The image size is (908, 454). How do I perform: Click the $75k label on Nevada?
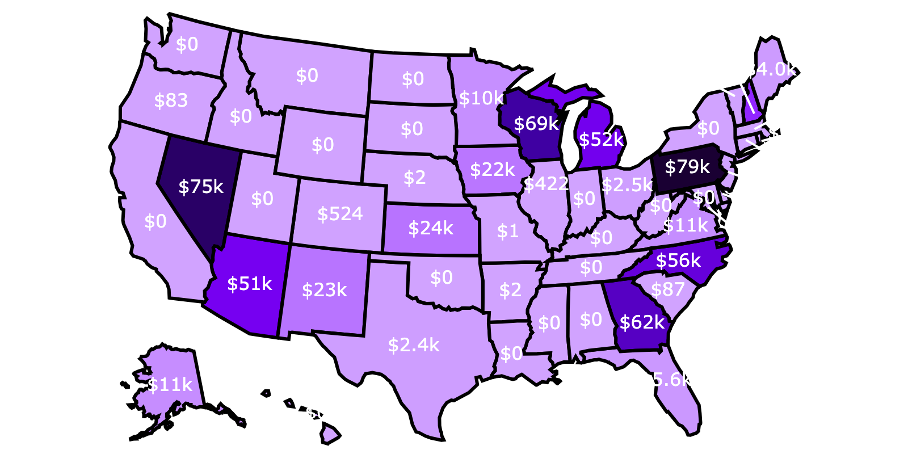[201, 187]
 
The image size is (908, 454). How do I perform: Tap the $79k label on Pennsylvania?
[687, 167]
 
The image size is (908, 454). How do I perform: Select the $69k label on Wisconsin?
[536, 124]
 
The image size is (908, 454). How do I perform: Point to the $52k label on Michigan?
[601, 139]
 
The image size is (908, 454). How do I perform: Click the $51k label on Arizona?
[249, 283]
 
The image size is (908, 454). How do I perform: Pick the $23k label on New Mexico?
[324, 290]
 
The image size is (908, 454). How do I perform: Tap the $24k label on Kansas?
[431, 228]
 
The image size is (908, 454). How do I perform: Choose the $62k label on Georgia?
[642, 322]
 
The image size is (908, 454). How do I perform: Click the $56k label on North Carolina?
[678, 260]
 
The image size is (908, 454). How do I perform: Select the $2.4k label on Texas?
[413, 344]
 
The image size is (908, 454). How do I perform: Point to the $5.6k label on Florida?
[666, 380]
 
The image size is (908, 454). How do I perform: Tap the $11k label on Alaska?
[170, 385]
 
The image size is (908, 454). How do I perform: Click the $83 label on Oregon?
[171, 100]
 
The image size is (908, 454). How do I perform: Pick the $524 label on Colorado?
[340, 214]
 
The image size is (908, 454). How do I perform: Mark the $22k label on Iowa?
[492, 169]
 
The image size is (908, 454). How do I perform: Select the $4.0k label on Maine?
[770, 69]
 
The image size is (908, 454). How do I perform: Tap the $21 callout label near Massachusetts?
[785, 133]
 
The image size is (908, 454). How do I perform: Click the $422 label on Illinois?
[546, 183]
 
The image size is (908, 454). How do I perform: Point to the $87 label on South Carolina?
[667, 289]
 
